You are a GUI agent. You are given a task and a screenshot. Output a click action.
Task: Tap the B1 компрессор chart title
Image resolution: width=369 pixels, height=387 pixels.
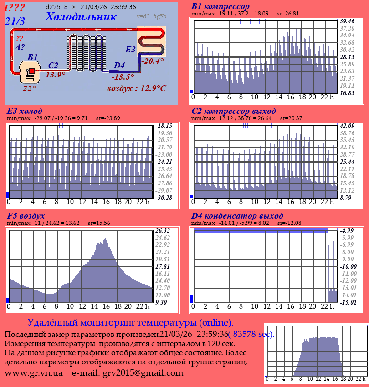(x=220, y=6)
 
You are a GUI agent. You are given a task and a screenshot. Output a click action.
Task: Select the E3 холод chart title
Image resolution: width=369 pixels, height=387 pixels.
(x=25, y=111)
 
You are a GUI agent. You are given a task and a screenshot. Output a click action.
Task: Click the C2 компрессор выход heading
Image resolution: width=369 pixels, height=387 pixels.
(x=234, y=111)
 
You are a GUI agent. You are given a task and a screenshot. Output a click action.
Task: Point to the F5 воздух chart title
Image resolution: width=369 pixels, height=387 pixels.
(x=26, y=215)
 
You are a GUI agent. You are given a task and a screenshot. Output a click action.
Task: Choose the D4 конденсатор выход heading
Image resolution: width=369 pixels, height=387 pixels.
(x=237, y=215)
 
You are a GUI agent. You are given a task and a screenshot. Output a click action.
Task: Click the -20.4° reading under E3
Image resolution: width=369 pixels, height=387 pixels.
(x=152, y=61)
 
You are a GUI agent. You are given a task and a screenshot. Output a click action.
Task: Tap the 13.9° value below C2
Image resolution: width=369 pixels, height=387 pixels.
(x=56, y=75)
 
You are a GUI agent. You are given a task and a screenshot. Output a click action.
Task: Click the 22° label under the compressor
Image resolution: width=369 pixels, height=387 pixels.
(x=29, y=88)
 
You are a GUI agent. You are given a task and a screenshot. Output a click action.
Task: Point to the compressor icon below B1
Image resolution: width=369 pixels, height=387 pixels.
(x=30, y=71)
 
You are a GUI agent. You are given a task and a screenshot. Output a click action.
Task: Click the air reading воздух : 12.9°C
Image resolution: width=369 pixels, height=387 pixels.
(x=136, y=88)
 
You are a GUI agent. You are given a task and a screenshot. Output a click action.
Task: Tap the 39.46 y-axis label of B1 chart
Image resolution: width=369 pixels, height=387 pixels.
(x=347, y=21)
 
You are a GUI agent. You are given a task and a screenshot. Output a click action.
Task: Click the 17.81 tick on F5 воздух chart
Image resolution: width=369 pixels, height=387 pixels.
(x=162, y=266)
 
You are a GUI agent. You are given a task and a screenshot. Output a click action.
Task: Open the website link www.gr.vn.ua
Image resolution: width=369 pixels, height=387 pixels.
(x=34, y=373)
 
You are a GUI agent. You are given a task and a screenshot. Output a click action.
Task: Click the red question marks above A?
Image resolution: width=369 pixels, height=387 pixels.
(x=20, y=39)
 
